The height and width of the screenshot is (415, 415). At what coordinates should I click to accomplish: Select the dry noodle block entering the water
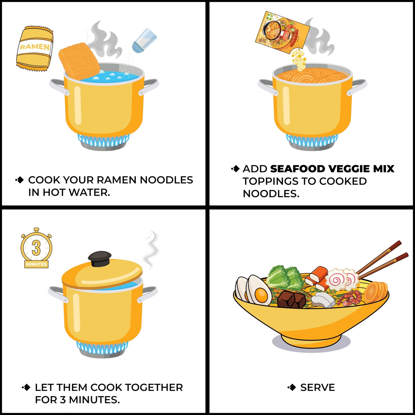pos(79,61)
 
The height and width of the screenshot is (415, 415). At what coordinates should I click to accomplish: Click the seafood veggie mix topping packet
pos(282,32)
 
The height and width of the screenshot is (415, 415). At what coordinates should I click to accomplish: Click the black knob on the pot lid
pos(100,259)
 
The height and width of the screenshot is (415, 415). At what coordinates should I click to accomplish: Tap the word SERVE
pos(317,387)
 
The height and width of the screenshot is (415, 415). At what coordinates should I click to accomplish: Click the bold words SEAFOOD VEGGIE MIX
pos(332,169)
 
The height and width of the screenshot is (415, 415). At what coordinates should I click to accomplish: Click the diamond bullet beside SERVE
pos(292,387)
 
